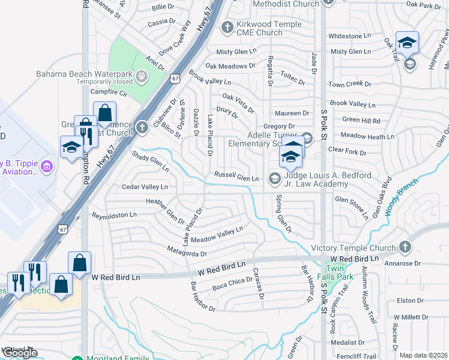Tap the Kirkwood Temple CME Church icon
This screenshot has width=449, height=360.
point(227,26)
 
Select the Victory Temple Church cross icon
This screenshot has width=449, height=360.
point(405,247)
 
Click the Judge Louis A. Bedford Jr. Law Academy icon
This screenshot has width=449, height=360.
point(274,178)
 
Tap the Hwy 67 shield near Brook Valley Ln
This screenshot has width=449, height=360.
point(175,78)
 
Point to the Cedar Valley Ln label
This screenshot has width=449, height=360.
point(145,187)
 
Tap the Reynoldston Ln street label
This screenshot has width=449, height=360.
point(114,214)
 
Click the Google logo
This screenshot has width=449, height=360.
point(20,353)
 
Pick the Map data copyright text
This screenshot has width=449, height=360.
point(423,355)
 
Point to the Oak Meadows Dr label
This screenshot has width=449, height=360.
point(226,66)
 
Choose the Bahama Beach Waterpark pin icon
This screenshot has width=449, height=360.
point(141,76)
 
